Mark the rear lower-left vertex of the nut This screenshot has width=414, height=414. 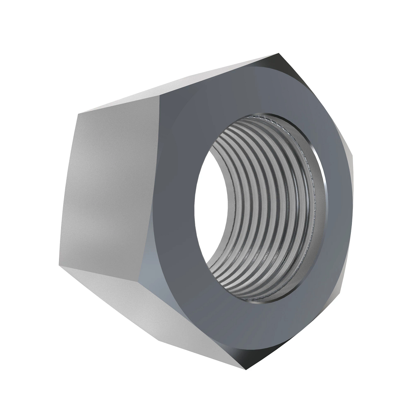coord(57,266)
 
